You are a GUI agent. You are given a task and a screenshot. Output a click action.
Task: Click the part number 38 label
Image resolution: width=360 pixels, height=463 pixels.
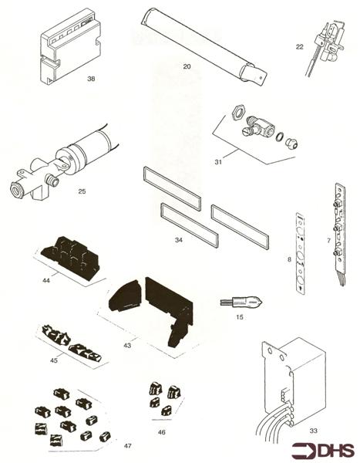click(91, 79)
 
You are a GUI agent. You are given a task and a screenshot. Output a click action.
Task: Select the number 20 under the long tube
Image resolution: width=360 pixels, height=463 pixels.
click(187, 66)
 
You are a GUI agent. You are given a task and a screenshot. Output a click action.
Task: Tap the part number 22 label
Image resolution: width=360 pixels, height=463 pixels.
click(300, 47)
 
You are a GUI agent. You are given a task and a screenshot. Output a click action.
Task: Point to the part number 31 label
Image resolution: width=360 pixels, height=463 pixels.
click(218, 162)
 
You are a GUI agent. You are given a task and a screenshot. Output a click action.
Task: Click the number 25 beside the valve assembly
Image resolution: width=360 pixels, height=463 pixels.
click(82, 191)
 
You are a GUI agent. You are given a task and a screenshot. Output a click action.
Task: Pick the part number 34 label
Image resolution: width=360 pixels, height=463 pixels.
click(179, 240)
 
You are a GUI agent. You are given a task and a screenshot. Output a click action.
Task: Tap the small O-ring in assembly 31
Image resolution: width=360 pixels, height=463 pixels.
click(279, 137)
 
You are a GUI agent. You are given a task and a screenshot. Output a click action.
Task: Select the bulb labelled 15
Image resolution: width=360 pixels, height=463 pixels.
click(242, 302)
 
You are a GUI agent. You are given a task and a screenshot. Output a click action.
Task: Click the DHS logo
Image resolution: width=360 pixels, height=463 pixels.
click(323, 451)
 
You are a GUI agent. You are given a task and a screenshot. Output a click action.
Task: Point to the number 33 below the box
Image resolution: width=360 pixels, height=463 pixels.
click(314, 431)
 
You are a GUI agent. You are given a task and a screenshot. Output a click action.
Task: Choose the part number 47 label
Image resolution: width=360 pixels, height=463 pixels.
click(127, 446)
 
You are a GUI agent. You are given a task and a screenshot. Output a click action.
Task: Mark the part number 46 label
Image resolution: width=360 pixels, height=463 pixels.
click(161, 432)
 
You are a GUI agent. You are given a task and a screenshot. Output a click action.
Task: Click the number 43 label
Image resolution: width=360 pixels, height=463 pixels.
click(127, 345)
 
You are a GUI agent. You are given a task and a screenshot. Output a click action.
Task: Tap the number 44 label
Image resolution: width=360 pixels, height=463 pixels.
click(46, 280)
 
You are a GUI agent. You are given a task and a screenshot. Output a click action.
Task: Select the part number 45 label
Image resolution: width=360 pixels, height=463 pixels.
click(54, 360)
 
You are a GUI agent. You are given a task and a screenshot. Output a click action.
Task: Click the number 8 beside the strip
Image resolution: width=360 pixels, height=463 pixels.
click(289, 259)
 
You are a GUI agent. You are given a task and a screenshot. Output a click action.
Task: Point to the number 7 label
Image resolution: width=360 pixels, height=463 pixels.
click(328, 241)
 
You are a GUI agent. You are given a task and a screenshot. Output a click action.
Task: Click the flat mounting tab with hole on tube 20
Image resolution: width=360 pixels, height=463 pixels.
click(261, 77)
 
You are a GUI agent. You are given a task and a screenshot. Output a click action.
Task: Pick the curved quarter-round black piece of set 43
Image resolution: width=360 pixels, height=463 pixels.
click(125, 296)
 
